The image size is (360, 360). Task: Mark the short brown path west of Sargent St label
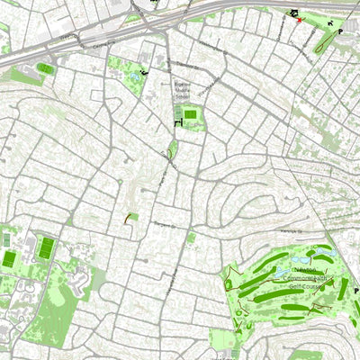[129, 217]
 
